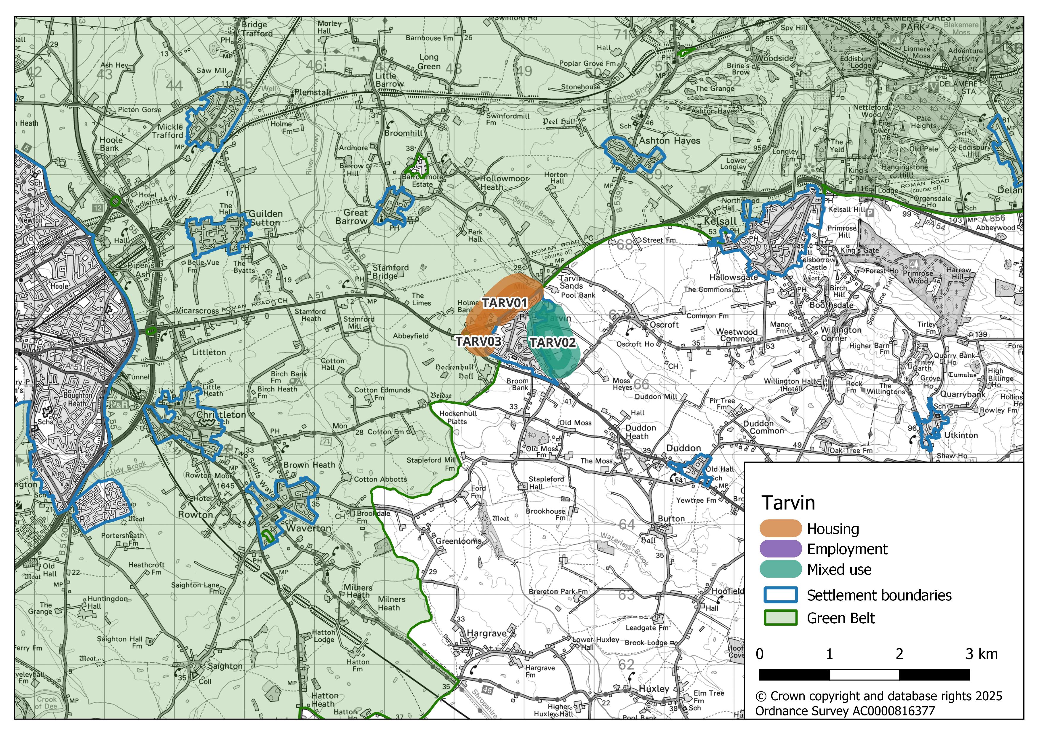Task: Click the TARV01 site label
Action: [505, 303]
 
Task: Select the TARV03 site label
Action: [478, 341]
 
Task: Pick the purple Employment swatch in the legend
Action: [780, 549]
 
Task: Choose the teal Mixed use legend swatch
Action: [780, 569]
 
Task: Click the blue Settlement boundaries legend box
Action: [780, 595]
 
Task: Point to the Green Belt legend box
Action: [780, 618]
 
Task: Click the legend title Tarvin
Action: [788, 503]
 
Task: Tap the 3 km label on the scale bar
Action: [981, 654]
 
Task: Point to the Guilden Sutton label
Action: [266, 218]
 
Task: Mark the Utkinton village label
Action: [961, 435]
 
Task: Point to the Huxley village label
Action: [654, 688]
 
